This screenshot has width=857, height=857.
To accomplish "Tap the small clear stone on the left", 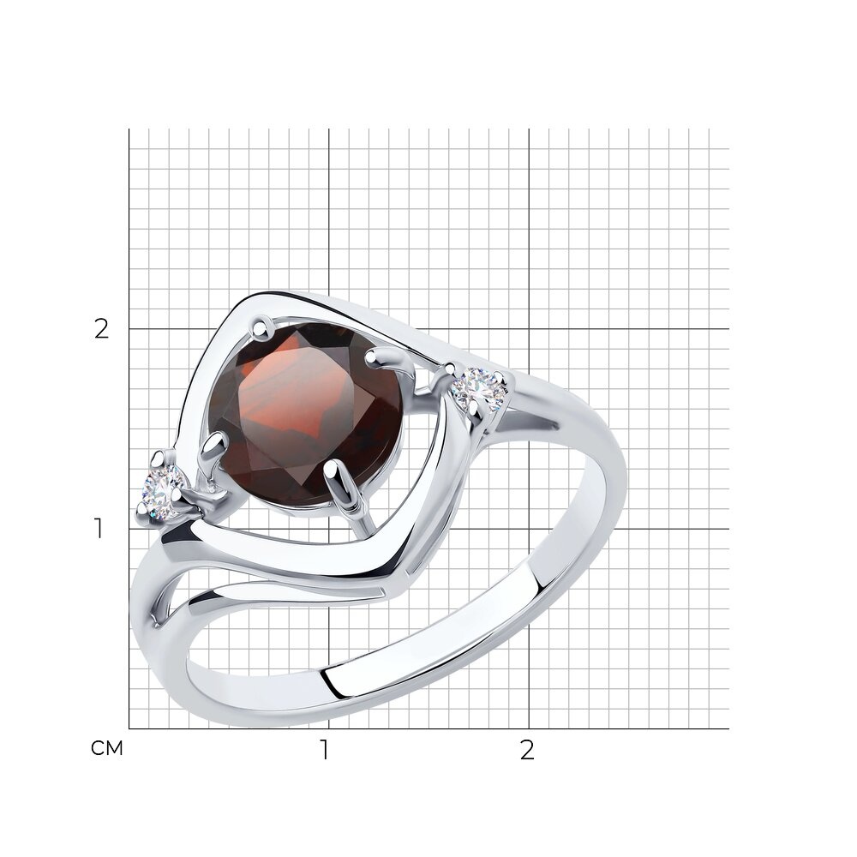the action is (x=162, y=491).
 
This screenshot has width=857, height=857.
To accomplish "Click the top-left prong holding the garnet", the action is (x=263, y=327).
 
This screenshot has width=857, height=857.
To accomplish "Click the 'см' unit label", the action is (x=107, y=748).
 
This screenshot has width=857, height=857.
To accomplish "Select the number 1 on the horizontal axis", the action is (x=325, y=751).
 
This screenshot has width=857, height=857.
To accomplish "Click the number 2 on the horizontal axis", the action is (x=526, y=751).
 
